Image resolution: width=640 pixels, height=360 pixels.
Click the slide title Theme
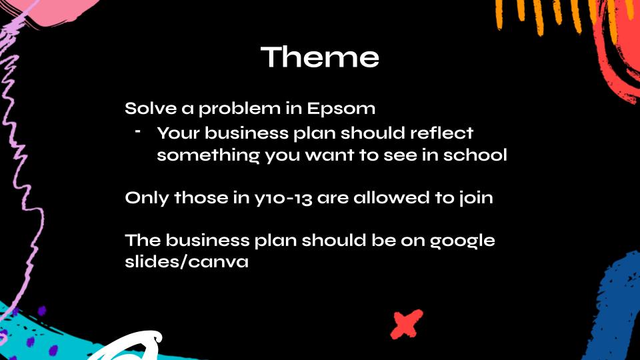tap(319, 57)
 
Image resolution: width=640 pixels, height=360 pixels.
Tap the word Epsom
tap(341, 109)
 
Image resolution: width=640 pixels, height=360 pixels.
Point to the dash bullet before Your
tap(138, 131)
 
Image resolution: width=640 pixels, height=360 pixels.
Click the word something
tap(208, 155)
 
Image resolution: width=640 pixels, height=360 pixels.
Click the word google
tap(462, 241)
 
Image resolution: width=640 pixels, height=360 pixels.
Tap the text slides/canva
tap(187, 261)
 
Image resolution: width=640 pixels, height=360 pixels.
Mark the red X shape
tap(406, 324)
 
